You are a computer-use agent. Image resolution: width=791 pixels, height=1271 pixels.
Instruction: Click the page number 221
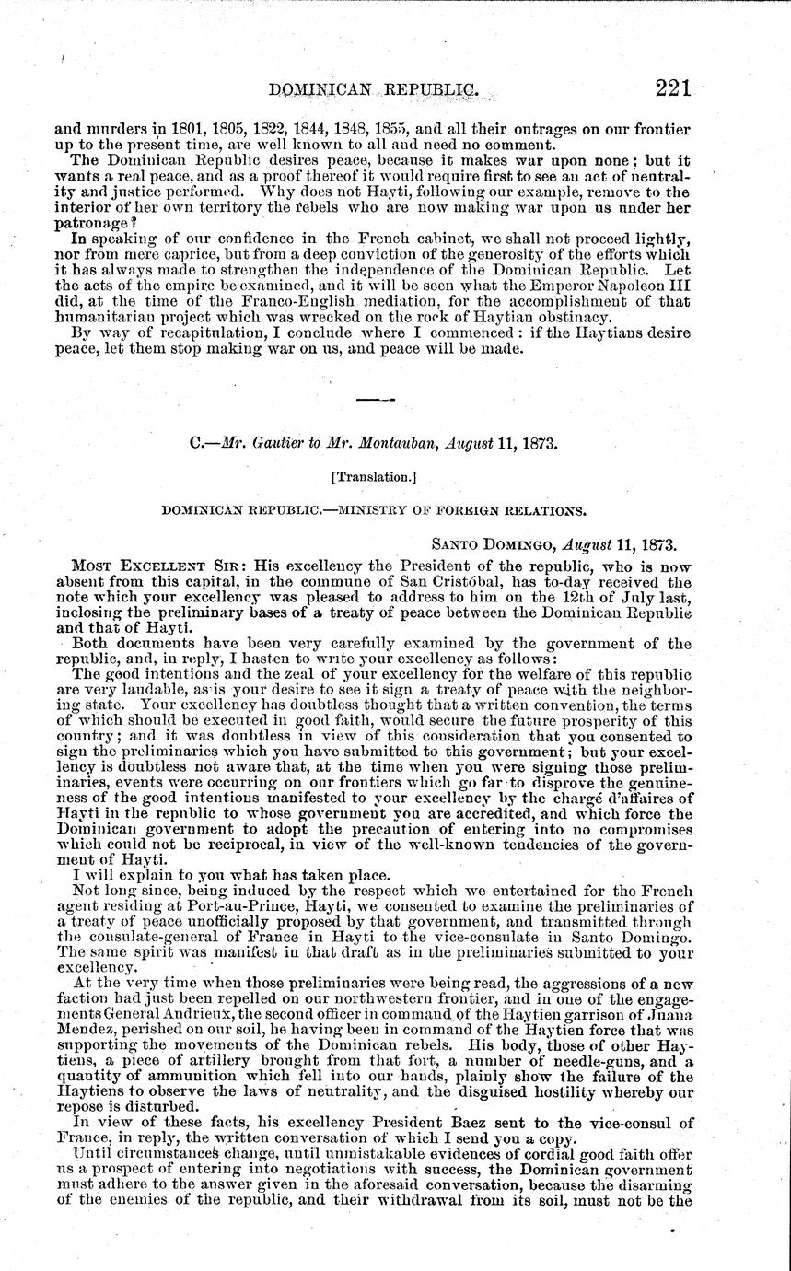pyautogui.click(x=680, y=89)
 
